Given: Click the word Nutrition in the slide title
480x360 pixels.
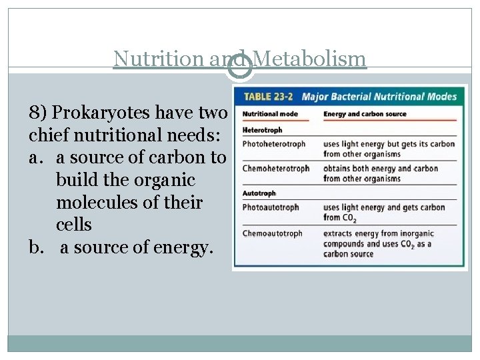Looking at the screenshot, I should [159, 59].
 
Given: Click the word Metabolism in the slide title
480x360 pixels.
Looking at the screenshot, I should [310, 59].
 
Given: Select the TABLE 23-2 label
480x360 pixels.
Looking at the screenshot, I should [269, 97].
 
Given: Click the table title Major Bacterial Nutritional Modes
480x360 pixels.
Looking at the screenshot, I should [379, 97].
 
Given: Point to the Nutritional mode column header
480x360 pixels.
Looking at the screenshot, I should [270, 114].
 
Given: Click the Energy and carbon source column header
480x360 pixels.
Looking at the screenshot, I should [365, 114].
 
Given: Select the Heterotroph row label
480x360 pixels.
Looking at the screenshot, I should [262, 130].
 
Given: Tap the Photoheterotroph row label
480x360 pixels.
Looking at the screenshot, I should [274, 143].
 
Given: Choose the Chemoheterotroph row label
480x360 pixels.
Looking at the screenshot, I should [276, 168].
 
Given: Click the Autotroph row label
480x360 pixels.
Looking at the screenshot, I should [259, 193].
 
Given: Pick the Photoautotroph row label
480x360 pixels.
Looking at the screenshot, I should [271, 207].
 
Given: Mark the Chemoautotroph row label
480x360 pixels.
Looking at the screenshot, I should [273, 233].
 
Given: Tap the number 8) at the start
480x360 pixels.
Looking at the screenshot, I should [37, 113].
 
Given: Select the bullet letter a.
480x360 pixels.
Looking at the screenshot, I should [35, 158].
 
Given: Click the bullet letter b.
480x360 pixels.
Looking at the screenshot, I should [36, 247].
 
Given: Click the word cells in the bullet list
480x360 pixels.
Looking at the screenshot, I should [74, 225].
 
